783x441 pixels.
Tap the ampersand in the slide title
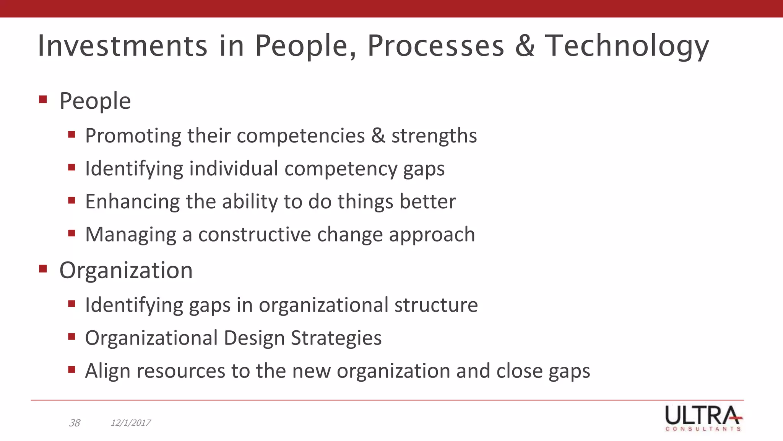click(x=525, y=46)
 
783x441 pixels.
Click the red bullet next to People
click(x=43, y=100)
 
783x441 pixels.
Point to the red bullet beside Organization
click(x=43, y=269)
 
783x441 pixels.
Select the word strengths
click(x=434, y=136)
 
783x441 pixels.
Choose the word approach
click(x=432, y=235)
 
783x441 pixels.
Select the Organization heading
click(x=126, y=271)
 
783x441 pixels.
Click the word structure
click(x=436, y=305)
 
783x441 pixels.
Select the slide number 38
click(x=75, y=423)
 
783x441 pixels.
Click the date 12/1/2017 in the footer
click(x=130, y=423)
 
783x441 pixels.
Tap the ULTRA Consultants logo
click(x=703, y=418)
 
